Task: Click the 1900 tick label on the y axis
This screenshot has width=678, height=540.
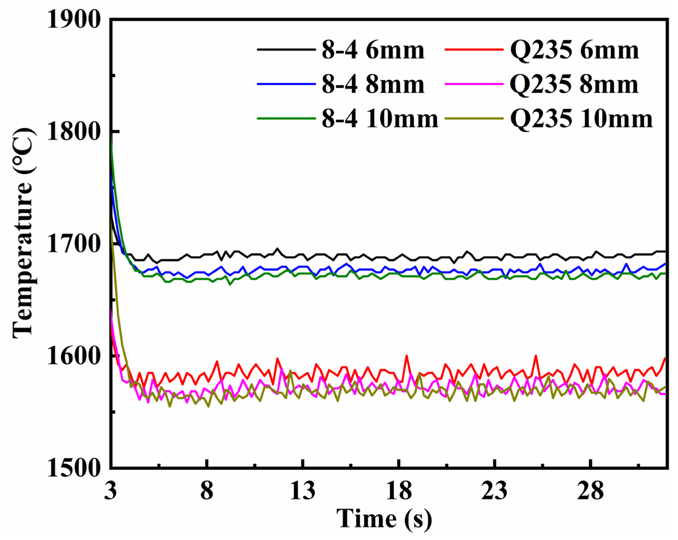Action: click(x=74, y=20)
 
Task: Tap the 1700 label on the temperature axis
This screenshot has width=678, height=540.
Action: click(x=74, y=245)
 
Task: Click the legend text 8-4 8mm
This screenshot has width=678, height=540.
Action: click(x=373, y=85)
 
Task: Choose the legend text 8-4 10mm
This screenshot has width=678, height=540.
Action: click(x=380, y=119)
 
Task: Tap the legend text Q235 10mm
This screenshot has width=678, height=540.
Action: click(x=581, y=119)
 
